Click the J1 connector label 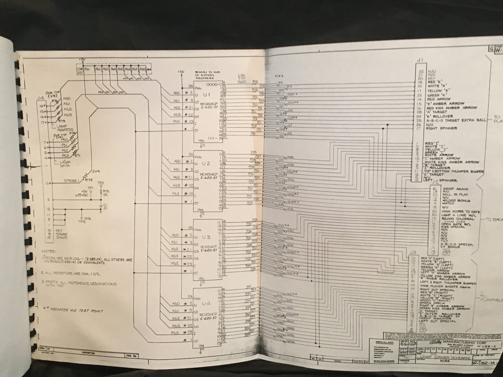[x=420, y=60]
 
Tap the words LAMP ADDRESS [x=64, y=128]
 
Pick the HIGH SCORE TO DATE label [x=461, y=211]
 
